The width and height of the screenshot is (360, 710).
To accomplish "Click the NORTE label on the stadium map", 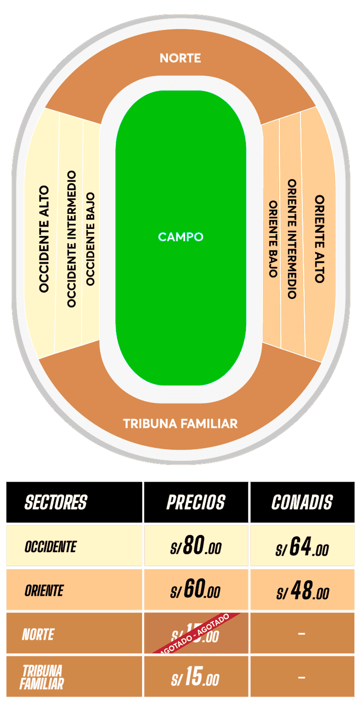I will [x=180, y=58].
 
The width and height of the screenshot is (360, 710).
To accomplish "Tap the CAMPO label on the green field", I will [x=180, y=237].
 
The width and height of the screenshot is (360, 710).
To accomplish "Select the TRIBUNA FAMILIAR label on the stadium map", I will [x=180, y=424].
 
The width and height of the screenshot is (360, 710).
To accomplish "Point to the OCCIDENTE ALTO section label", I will [x=44, y=239].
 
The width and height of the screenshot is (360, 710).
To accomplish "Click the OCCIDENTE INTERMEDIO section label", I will [x=71, y=239].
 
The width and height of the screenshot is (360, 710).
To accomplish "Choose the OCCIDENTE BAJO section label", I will [x=90, y=239].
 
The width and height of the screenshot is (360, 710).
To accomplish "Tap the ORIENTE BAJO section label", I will [x=273, y=239].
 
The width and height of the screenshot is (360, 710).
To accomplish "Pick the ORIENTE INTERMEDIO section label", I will [x=292, y=239].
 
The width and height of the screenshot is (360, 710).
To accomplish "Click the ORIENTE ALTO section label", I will [x=320, y=239].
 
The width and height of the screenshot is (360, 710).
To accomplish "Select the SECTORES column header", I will [x=56, y=502].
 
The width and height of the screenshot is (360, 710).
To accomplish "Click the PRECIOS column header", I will [x=196, y=502].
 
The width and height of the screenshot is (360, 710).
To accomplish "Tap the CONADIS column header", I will [x=302, y=502].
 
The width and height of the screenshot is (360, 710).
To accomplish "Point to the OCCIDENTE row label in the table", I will [x=50, y=546].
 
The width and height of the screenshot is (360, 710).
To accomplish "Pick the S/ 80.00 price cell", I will [x=195, y=546].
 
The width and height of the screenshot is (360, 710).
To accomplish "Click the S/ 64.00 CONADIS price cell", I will [x=302, y=547].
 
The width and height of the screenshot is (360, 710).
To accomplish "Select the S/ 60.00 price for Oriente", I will [x=195, y=590].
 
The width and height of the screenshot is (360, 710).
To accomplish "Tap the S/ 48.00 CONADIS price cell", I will [x=302, y=591].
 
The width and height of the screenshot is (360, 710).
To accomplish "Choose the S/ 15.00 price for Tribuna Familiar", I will [x=195, y=678].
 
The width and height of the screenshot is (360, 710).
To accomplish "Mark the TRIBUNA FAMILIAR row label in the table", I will [x=42, y=677].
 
